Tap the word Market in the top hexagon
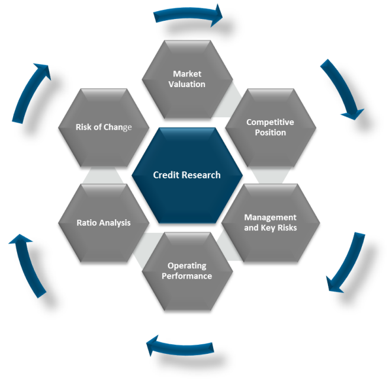[187, 74]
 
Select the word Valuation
[187, 84]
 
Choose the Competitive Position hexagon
[270, 127]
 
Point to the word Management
[270, 217]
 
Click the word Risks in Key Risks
[287, 228]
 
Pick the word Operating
[187, 265]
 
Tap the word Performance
[187, 276]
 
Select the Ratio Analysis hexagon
[104, 223]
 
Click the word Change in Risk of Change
[118, 127]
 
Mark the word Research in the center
[201, 175]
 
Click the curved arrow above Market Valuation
[188, 15]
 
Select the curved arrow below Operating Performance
[179, 346]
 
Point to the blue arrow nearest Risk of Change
[31, 92]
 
